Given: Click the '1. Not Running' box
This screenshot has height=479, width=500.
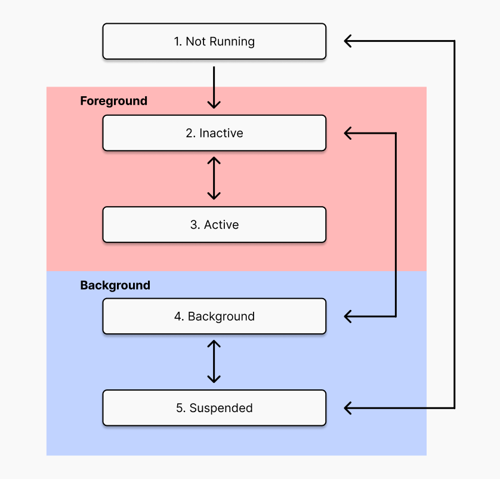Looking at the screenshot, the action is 214,41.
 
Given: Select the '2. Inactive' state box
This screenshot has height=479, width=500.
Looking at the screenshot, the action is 214,133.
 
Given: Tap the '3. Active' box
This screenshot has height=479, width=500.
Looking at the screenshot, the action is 214,225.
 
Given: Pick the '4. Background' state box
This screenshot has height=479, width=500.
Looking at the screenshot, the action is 214,317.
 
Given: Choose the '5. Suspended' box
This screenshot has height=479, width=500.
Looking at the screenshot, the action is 214,408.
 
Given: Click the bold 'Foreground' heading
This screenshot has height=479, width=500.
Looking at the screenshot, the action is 114,101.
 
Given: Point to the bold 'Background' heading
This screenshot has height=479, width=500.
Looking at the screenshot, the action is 115,285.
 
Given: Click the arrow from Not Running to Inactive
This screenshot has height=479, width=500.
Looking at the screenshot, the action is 214,87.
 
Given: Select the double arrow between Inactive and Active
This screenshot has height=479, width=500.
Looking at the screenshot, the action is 214,179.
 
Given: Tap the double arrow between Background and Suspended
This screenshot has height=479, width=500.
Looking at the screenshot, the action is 214,361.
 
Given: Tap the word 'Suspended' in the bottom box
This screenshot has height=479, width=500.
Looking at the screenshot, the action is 221,408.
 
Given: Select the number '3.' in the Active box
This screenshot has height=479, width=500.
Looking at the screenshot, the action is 195,225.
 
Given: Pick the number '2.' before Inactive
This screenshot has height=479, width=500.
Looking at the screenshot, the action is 191,133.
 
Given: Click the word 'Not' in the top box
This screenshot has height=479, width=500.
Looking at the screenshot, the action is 196,41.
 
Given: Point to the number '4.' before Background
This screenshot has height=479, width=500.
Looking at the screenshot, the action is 179,317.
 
